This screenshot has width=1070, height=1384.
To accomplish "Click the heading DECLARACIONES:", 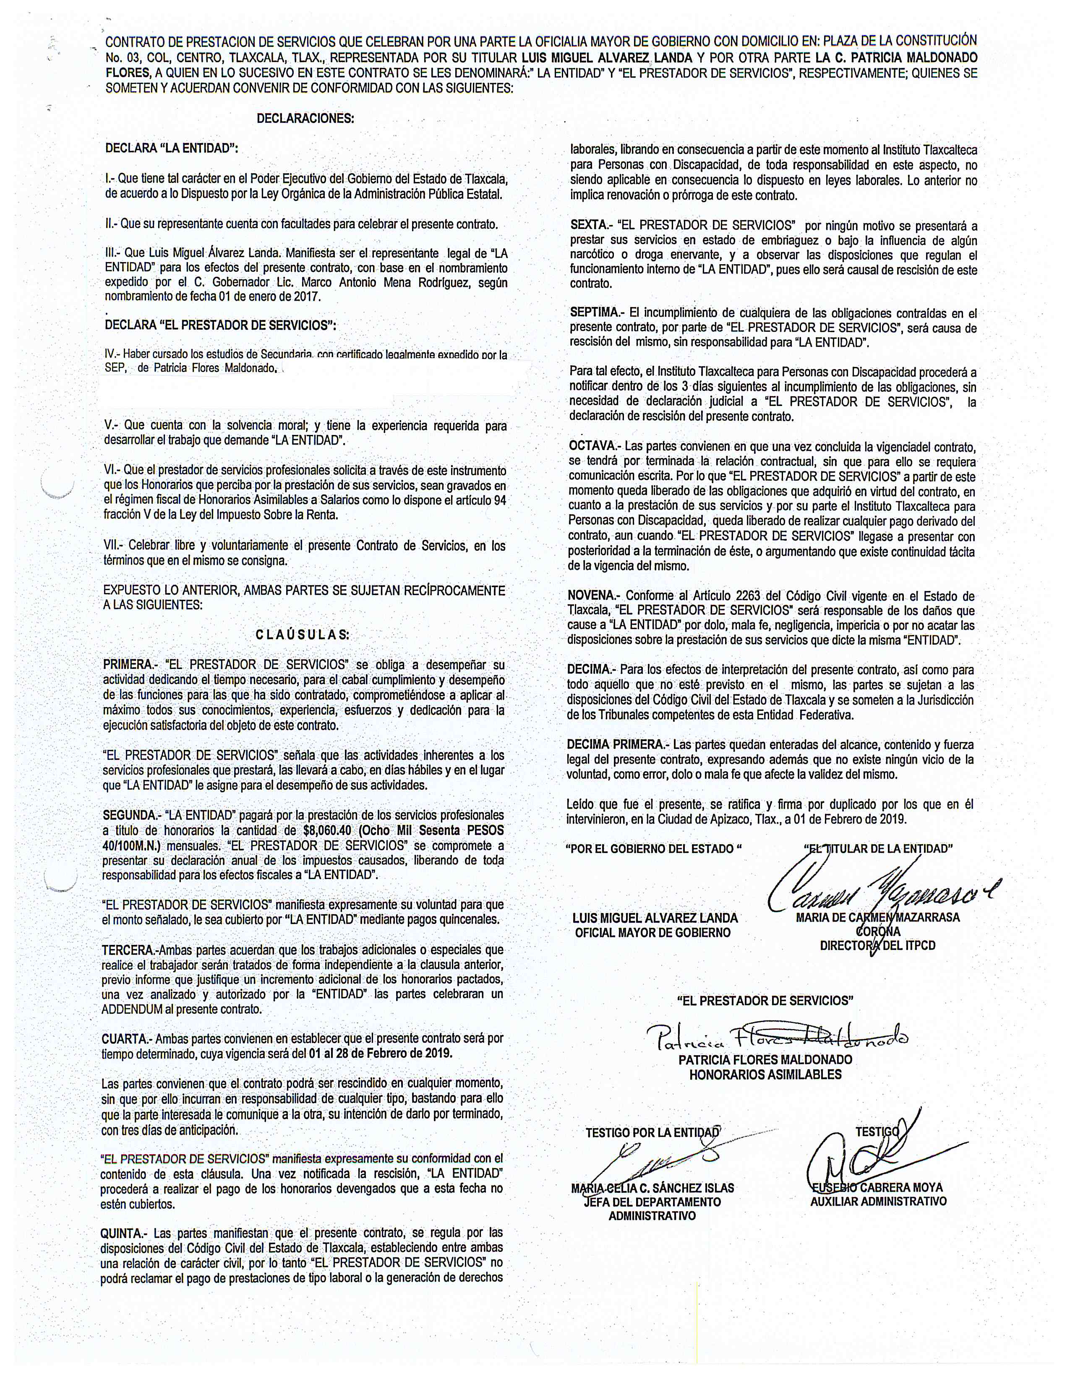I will pos(305,119).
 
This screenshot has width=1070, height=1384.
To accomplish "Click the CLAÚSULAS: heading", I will pos(303,635).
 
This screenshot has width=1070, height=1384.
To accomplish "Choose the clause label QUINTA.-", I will pos(124,1233).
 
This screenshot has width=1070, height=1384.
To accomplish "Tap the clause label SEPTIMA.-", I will pos(596,312).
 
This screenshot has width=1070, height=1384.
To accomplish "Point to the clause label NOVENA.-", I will pos(594,596).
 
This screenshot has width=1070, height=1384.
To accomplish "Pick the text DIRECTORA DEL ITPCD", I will pos(877,945).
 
